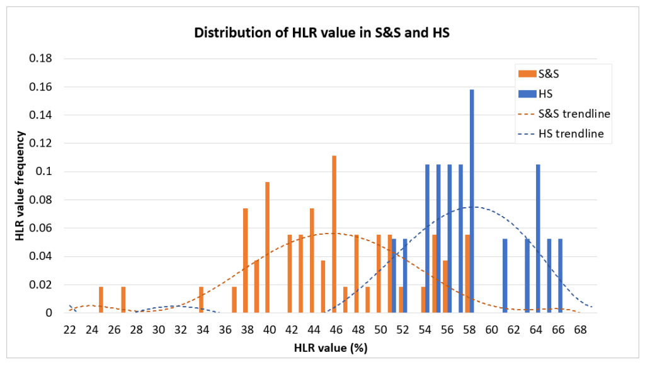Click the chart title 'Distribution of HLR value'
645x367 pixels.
click(323, 33)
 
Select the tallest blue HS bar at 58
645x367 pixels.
click(472, 201)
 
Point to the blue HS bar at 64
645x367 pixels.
click(538, 239)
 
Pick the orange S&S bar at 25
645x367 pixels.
click(101, 300)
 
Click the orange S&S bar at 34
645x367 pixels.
click(201, 300)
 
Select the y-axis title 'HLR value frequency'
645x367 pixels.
click(21, 186)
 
